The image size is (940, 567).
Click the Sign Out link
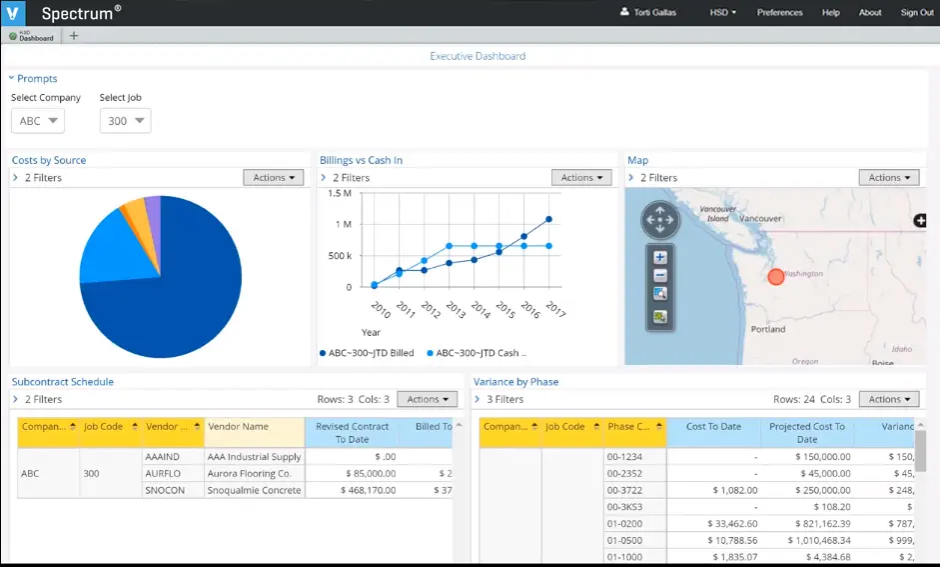click(916, 13)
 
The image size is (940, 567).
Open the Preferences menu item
click(779, 13)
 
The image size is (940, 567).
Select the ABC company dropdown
click(38, 121)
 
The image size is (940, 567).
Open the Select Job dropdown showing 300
click(126, 121)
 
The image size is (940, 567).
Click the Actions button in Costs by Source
click(274, 178)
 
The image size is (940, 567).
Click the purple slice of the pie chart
click(153, 210)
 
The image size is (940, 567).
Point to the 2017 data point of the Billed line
click(548, 220)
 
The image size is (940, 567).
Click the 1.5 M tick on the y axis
click(339, 194)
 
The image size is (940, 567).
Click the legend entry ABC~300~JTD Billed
click(370, 353)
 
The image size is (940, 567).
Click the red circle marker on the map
click(775, 276)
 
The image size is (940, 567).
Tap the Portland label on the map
click(768, 329)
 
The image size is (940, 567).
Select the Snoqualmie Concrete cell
click(254, 491)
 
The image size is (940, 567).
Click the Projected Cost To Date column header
click(807, 433)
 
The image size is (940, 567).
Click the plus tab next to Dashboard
click(73, 36)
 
